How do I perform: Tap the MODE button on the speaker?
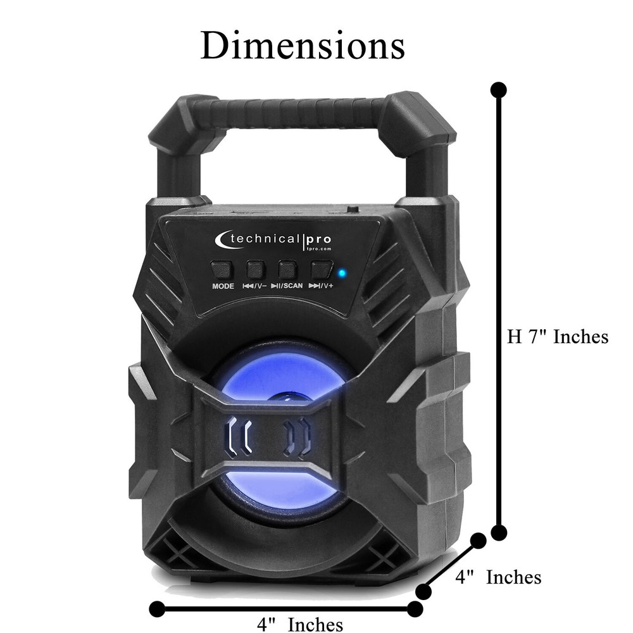222,270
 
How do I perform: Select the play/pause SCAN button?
287,270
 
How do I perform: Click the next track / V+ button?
321,270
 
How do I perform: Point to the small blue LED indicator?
342,273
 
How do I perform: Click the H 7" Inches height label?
558,337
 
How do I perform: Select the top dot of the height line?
499,89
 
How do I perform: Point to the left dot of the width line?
156,609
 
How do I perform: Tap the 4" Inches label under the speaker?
300,624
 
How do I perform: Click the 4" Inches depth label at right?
498,577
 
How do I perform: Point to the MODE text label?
223,286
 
